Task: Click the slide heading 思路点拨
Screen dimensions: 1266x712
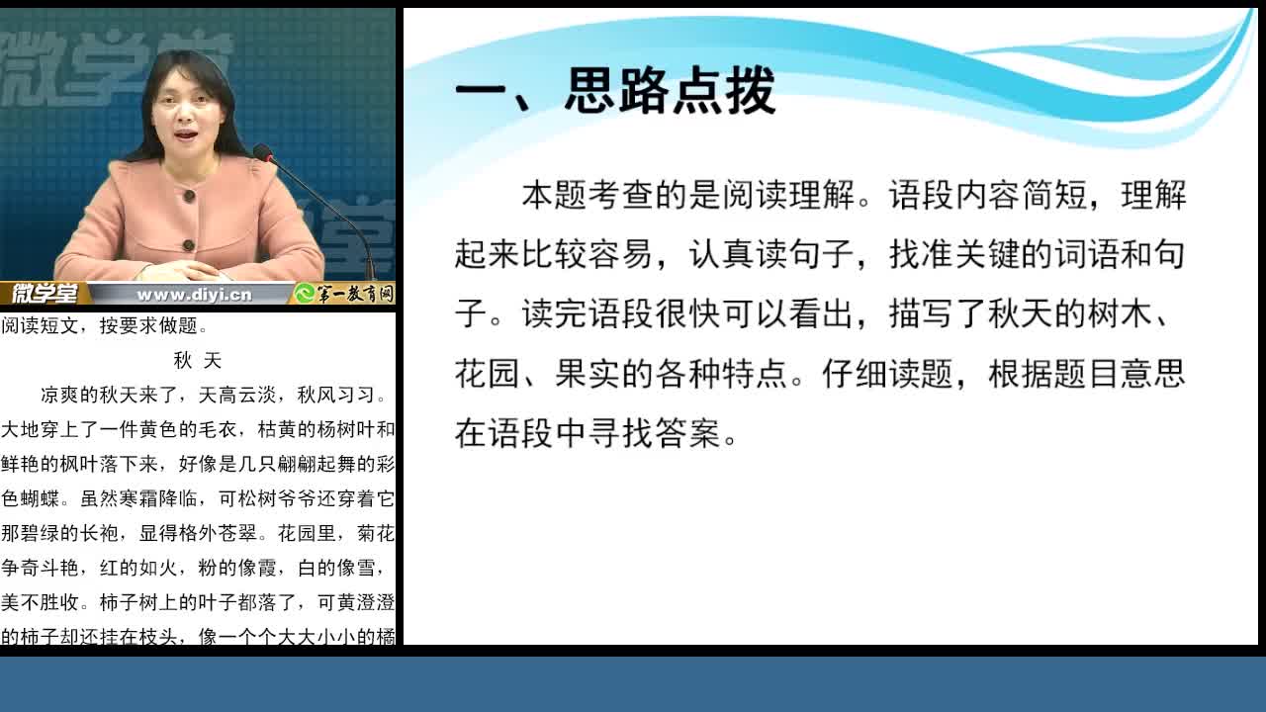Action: pos(671,90)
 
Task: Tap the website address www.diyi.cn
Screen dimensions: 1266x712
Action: pos(194,295)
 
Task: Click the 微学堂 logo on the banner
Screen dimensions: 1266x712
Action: pos(45,294)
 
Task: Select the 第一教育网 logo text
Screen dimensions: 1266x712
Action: pos(354,294)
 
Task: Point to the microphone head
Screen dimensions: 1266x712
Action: pos(262,152)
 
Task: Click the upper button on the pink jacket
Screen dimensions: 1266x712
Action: pos(189,196)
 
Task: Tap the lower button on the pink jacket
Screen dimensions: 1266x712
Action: pos(189,245)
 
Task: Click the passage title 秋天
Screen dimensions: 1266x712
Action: pos(198,361)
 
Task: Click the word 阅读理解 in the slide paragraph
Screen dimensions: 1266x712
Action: pos(788,195)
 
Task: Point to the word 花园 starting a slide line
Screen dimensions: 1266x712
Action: pos(488,374)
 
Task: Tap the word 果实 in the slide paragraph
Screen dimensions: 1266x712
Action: pos(588,374)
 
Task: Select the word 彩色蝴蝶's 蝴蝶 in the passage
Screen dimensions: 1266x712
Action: pos(41,499)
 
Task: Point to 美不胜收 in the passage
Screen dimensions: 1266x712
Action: pos(41,602)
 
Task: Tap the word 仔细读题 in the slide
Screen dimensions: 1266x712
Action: pos(888,374)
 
